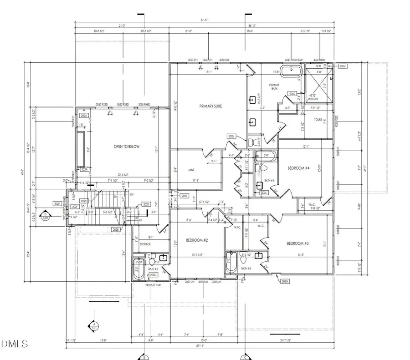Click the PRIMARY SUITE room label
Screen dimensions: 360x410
[x=210, y=106]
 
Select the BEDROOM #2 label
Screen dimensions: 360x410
[x=197, y=240]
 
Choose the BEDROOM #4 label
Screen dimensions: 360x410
[x=299, y=168]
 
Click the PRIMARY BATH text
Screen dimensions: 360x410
[x=274, y=86]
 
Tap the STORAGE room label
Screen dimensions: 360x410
[x=145, y=244]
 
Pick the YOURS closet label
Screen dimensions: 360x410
[x=318, y=120]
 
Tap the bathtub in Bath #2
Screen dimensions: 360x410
[x=139, y=270]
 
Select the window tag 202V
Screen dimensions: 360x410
[x=343, y=66]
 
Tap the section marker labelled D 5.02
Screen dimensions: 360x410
[x=46, y=215]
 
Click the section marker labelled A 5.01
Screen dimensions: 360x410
[x=94, y=325]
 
